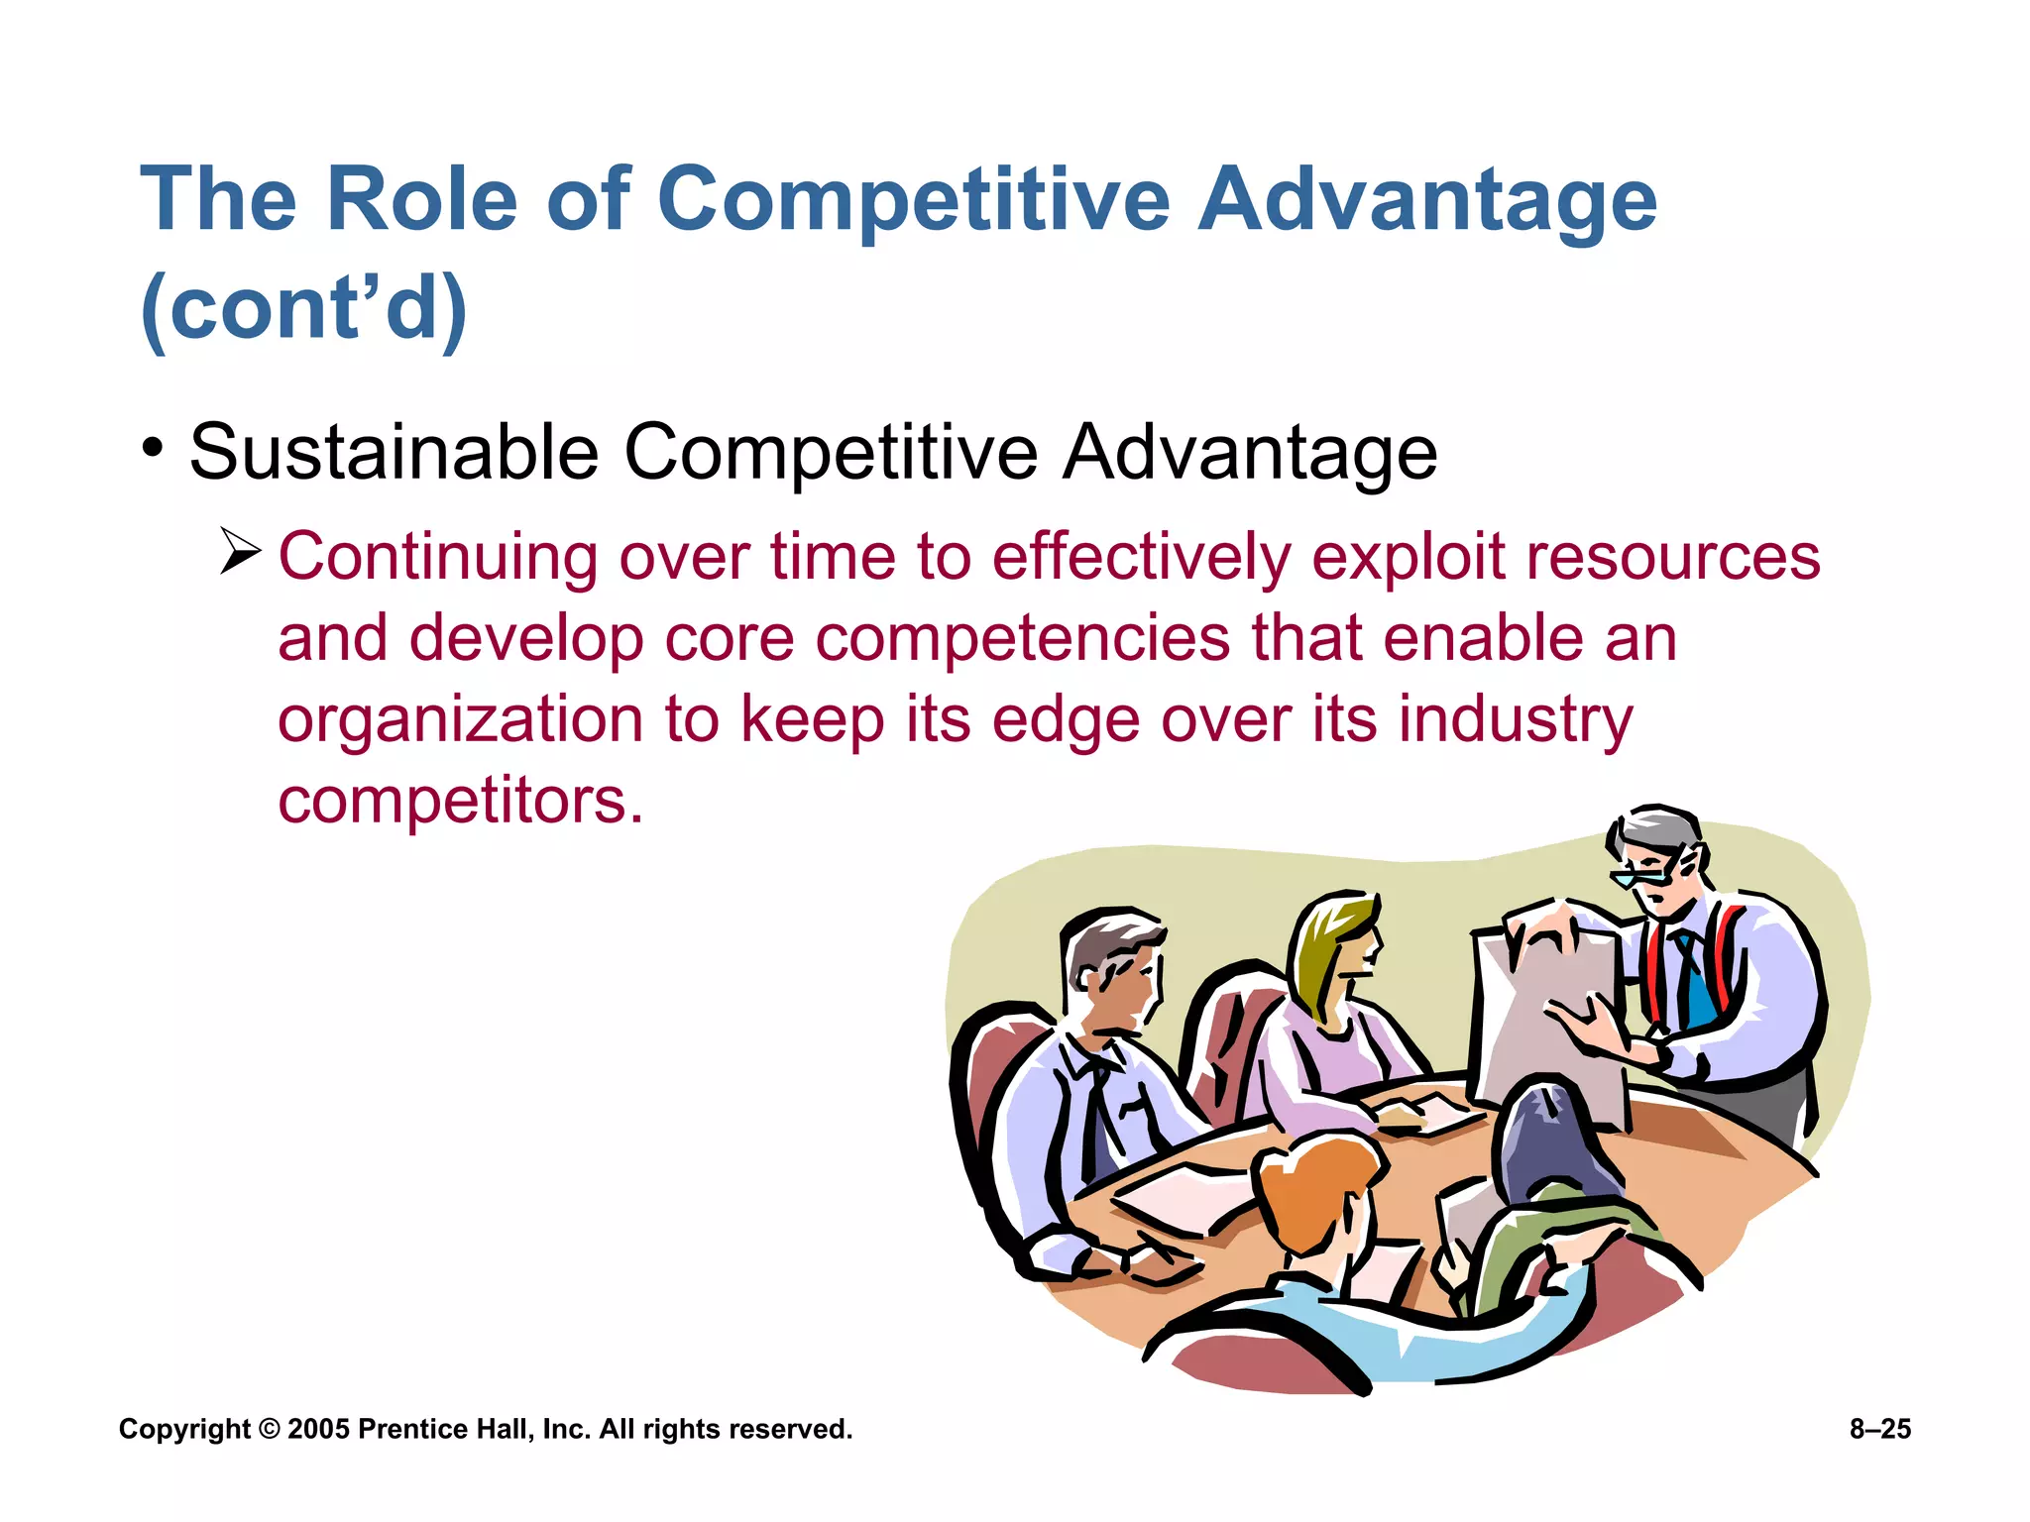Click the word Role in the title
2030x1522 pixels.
click(421, 199)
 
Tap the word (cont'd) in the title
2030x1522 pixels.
click(303, 307)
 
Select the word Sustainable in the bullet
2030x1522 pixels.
click(394, 453)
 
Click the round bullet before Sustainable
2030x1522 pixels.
click(152, 447)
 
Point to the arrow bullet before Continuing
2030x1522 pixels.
click(240, 551)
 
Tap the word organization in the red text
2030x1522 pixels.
click(460, 720)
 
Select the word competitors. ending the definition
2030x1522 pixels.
click(460, 801)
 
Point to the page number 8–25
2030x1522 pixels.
click(1879, 1429)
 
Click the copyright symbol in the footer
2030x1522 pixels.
click(269, 1429)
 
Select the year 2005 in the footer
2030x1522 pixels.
click(318, 1429)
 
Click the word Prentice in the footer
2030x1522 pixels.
click(411, 1429)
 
